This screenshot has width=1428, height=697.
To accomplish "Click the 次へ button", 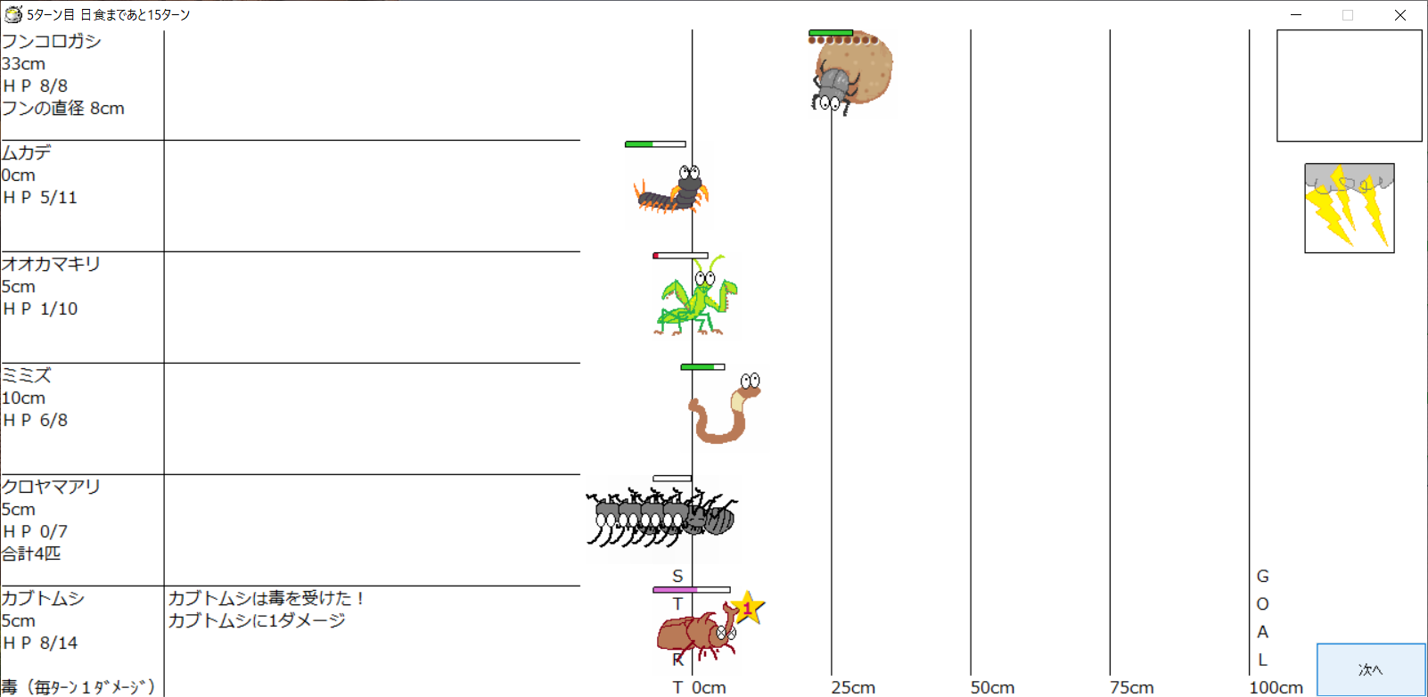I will [1370, 669].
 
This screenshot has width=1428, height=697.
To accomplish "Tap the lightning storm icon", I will [1349, 208].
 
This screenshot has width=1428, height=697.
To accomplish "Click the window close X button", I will [1399, 15].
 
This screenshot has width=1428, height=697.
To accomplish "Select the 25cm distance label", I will [853, 687].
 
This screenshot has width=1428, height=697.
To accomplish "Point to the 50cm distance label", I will [992, 687].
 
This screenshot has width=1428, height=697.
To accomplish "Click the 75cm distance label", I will [1131, 687].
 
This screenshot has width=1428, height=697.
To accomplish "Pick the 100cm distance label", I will [1276, 687].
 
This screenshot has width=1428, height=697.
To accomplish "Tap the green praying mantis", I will [696, 299].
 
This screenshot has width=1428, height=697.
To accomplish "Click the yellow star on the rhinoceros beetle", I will [747, 610].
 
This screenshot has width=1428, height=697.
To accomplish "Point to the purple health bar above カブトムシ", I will [675, 590].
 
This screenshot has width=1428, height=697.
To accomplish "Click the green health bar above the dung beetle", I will [831, 33].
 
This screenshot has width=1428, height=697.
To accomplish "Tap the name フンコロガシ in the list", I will [51, 41].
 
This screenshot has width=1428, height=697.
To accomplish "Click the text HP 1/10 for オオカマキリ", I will [40, 308].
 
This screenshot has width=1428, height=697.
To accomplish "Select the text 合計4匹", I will [31, 553].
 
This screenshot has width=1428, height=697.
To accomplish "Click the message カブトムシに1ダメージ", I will [256, 620].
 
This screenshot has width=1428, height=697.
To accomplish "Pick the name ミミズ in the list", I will [27, 375].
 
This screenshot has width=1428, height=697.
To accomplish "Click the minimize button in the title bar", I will [1296, 15].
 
